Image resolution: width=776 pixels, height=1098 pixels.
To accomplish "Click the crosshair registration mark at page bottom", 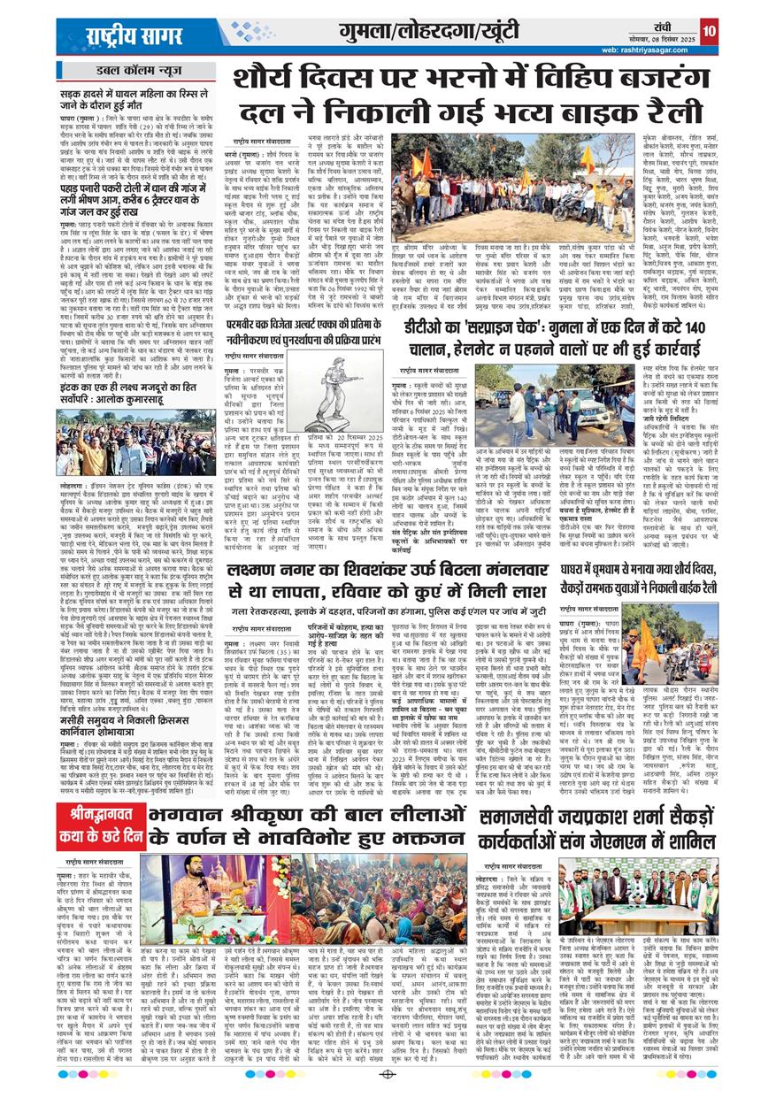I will click(387, 1074).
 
